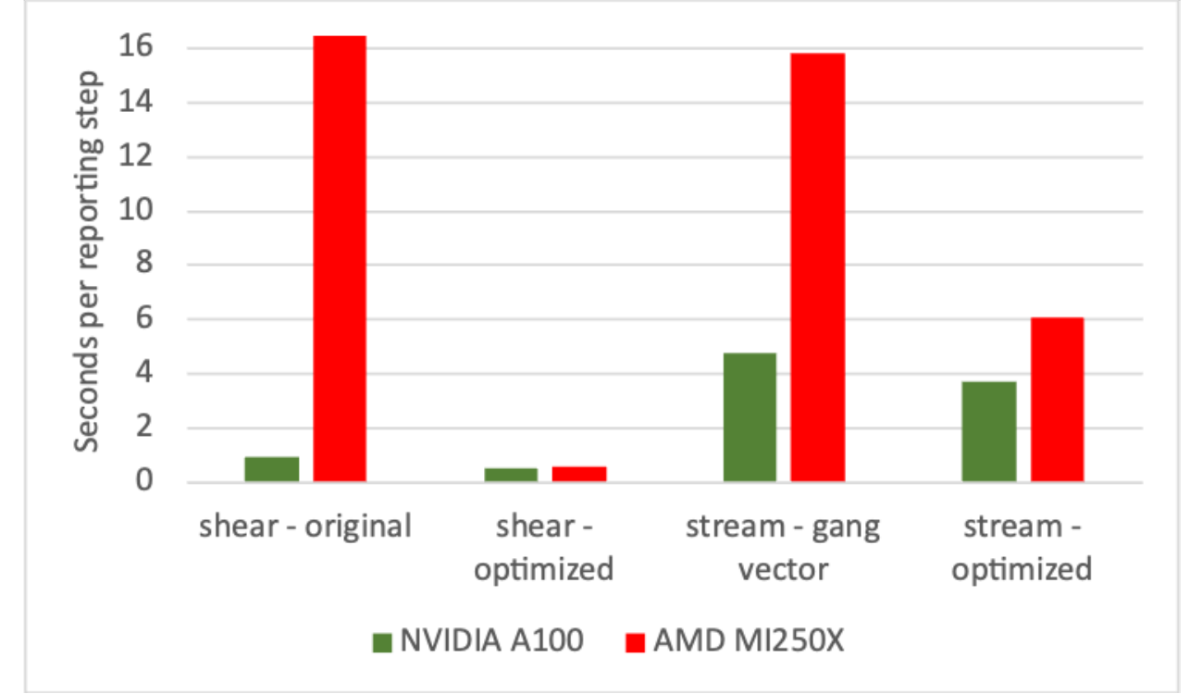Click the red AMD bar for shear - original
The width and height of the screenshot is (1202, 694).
coord(340,258)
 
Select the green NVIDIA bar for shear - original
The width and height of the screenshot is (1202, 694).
coord(271,469)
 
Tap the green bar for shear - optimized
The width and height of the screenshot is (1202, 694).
coord(511,475)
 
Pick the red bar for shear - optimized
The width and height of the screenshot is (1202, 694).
coord(579,474)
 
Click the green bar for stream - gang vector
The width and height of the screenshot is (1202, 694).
coord(750,417)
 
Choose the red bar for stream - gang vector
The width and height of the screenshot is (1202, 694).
coord(818,267)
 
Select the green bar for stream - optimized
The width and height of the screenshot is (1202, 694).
coord(988,431)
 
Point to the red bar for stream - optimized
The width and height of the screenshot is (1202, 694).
coord(1057,400)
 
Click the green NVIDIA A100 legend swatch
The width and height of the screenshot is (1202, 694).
coord(382,642)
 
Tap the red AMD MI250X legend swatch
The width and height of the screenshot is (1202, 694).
coord(635,642)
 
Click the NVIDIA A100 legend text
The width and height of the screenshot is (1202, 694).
coord(490,641)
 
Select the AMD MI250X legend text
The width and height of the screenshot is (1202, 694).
coord(749,641)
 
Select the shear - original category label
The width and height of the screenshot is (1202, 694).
coord(304,527)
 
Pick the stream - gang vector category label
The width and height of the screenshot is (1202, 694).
coord(783,548)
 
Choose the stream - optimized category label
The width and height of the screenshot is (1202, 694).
coord(1022,548)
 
